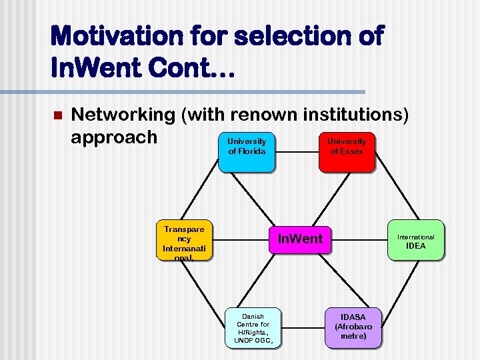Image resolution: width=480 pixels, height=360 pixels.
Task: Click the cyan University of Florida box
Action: click(247, 152)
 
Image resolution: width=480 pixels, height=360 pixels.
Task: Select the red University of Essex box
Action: click(347, 152)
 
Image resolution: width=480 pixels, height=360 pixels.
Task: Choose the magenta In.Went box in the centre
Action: click(299, 239)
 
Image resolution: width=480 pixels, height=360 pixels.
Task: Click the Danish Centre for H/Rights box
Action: click(253, 328)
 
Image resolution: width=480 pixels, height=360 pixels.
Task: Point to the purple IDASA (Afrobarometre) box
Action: click(353, 327)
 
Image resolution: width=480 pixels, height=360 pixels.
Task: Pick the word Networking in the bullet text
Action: click(123, 115)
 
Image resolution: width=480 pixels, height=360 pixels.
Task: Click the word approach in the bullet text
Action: click(114, 137)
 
